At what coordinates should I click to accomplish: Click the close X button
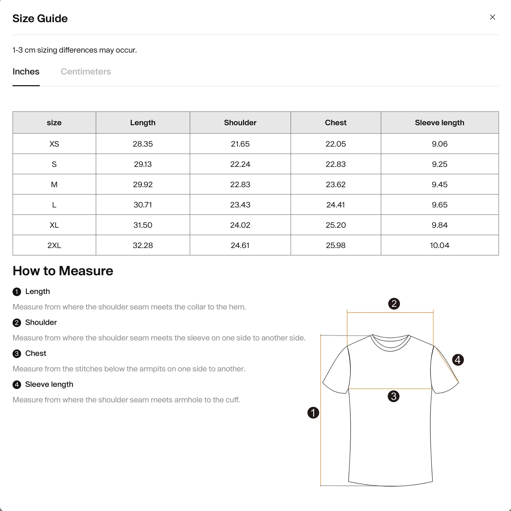[x=492, y=17]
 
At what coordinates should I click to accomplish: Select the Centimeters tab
[x=86, y=72]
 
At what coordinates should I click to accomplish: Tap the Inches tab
[x=26, y=72]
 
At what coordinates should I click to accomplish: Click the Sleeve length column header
[x=439, y=123]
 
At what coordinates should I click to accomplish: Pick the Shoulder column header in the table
[x=240, y=123]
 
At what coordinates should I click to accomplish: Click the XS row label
[x=54, y=144]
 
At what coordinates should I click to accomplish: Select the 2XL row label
[x=54, y=245]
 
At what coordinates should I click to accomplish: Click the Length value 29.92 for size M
[x=143, y=184]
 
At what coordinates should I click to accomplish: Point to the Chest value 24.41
[x=336, y=205]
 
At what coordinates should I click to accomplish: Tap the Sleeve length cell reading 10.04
[x=439, y=245]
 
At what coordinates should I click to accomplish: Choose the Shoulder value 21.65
[x=240, y=144]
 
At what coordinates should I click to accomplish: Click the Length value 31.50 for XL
[x=143, y=225]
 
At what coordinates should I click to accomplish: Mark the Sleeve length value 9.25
[x=439, y=164]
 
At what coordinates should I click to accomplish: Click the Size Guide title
[x=40, y=18]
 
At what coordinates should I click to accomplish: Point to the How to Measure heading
[x=63, y=271]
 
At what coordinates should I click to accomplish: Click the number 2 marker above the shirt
[x=394, y=304]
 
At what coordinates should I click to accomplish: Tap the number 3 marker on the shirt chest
[x=393, y=396]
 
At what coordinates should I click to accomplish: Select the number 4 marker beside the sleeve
[x=458, y=360]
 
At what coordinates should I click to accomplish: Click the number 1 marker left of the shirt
[x=313, y=413]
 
